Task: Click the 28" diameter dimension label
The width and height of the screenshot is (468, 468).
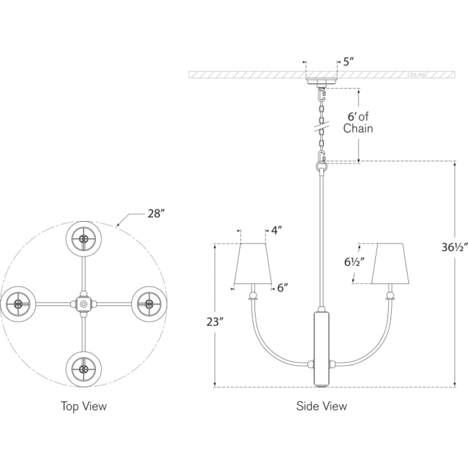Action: tap(157, 214)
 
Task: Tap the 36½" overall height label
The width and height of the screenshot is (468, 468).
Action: tap(454, 247)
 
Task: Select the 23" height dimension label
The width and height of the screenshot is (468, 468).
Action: tap(215, 322)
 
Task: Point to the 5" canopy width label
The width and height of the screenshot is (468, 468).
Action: tap(348, 62)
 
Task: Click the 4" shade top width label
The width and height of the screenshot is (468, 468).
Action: tap(277, 230)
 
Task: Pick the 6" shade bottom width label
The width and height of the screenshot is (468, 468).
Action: tap(283, 288)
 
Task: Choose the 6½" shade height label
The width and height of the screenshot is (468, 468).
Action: tap(354, 262)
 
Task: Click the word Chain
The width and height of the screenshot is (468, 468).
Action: tap(358, 128)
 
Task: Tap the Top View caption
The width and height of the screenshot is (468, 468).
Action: tap(84, 406)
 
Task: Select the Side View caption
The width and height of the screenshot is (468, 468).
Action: tap(321, 406)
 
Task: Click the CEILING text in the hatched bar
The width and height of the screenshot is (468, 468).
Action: tap(417, 74)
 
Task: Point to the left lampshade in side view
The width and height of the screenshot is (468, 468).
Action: tap(253, 263)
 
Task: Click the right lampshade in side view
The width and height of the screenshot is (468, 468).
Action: tap(390, 263)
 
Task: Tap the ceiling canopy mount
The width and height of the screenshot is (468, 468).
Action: tap(321, 82)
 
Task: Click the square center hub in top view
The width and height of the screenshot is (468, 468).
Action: tap(84, 304)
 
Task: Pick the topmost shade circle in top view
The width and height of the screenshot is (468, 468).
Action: tap(84, 239)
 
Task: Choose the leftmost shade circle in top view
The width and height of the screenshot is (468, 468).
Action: tap(19, 304)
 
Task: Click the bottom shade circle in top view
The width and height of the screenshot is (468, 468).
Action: tap(84, 369)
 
